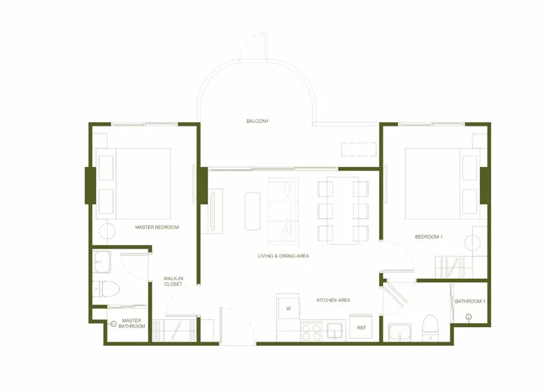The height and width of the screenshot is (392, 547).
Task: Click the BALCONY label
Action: [257, 122]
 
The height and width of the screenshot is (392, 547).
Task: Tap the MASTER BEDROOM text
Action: [157, 227]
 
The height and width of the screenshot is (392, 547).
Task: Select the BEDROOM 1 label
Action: [429, 237]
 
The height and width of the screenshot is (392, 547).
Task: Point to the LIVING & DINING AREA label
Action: [283, 256]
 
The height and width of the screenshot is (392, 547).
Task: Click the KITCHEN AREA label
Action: [333, 300]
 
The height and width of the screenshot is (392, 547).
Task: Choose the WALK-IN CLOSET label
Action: [173, 281]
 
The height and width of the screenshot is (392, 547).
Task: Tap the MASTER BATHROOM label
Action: [132, 324]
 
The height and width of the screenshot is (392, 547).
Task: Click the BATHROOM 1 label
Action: [470, 301]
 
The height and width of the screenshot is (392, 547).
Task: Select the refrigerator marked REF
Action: [361, 327]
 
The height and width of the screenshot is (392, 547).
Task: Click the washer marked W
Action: [288, 306]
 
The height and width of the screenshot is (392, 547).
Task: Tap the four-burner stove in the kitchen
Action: [311, 331]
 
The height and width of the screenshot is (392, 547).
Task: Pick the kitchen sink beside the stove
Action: [334, 331]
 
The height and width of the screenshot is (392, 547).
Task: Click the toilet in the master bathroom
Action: [106, 289]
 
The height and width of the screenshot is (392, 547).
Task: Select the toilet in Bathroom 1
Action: [430, 328]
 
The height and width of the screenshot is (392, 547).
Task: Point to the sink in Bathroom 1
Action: [399, 332]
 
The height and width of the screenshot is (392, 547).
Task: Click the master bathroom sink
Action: [102, 261]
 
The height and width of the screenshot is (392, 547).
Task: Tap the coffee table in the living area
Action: [253, 211]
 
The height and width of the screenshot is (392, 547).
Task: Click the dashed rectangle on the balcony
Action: [359, 149]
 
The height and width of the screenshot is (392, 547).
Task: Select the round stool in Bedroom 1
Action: [473, 242]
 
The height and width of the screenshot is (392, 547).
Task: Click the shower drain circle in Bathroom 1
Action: [469, 317]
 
